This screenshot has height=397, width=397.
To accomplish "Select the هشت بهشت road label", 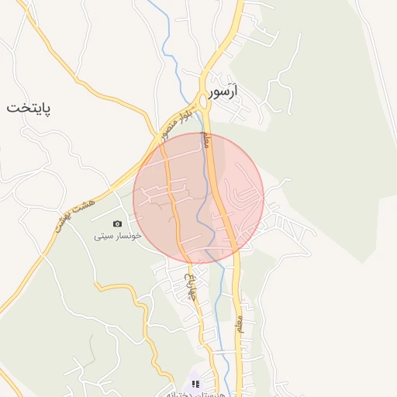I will pos(74,214).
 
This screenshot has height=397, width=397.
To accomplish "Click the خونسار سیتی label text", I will pos(117,235).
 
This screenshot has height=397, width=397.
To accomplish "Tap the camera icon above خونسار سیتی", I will pos(117,223).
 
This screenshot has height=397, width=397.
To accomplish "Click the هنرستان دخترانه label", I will pos(194,394).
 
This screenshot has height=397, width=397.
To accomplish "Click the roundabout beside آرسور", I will pos(203,102).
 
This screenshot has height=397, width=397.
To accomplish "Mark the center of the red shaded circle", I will pos(198,198).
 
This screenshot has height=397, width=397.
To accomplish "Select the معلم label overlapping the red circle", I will pos(207,142).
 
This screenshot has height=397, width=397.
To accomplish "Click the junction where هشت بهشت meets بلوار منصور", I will pos(152,142).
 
